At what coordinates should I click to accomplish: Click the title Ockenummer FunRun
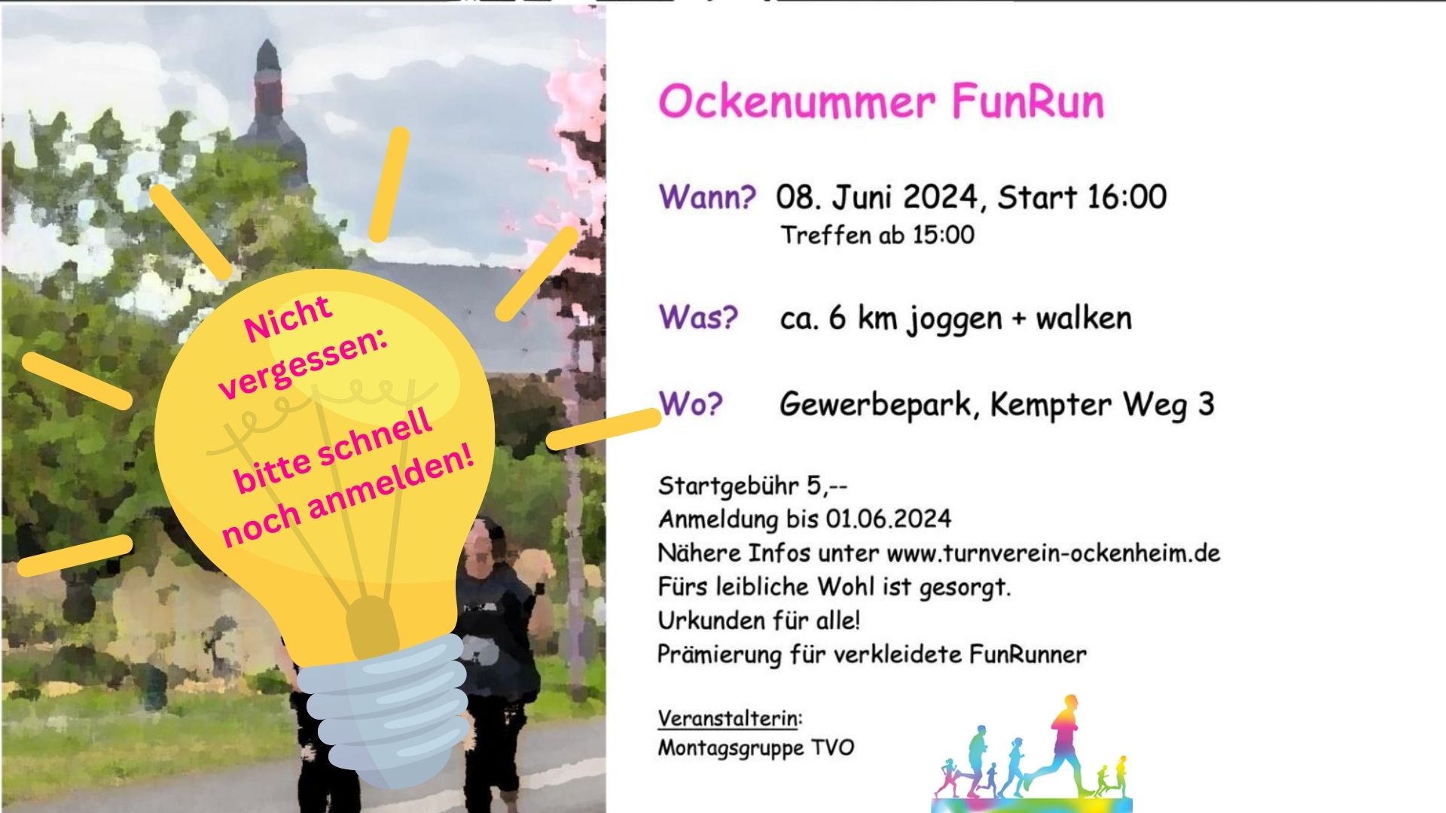tap(881, 102)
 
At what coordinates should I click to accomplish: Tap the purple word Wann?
tap(707, 197)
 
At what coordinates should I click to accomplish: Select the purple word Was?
tap(698, 318)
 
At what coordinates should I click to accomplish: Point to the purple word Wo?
tap(691, 403)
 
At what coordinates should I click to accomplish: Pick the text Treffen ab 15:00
tap(877, 235)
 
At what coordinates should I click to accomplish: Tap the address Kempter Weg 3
tap(1102, 405)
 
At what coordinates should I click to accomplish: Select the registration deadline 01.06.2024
tap(889, 519)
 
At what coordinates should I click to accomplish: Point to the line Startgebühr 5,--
tap(753, 486)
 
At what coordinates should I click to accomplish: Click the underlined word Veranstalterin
tap(728, 718)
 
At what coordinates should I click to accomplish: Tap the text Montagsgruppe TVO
tap(756, 748)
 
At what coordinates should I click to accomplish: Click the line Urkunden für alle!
tap(759, 621)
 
